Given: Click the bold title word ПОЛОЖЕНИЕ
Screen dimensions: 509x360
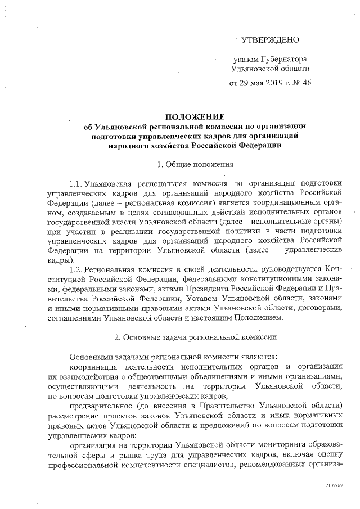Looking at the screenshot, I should click(x=194, y=116).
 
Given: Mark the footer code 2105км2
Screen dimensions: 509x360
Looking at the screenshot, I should click(x=334, y=484).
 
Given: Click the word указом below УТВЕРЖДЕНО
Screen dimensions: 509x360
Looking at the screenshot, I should click(x=246, y=59).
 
